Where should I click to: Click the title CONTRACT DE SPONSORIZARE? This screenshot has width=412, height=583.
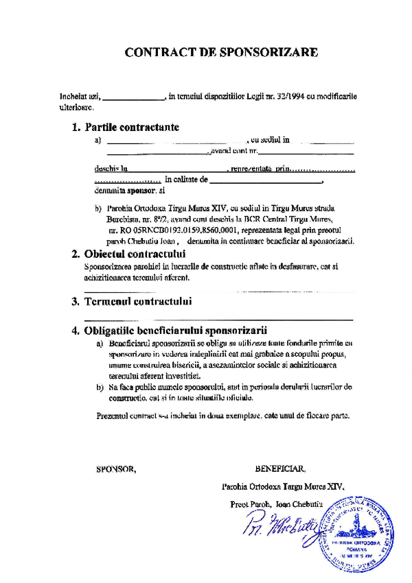221,51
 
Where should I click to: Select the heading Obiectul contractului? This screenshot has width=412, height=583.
133,254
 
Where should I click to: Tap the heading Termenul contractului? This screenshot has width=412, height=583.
137,301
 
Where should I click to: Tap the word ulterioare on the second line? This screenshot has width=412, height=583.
76,108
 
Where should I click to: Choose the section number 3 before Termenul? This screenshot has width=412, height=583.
75,301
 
